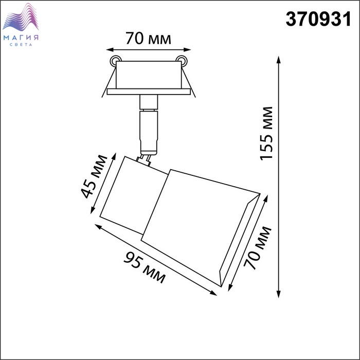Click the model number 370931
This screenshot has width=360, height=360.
pos(318,19)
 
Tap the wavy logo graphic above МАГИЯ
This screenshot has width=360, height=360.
pos(21,17)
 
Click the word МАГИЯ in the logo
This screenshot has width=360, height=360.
pos(21,38)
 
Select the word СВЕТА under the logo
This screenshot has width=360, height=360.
pos(21,45)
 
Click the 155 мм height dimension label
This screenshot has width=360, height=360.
pos(266,133)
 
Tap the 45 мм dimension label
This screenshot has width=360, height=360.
pos(94,176)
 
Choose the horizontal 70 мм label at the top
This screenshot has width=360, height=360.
pos(148,38)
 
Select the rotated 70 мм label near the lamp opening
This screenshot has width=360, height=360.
pos(257,248)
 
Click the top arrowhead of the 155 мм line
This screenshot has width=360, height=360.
pos(279,60)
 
